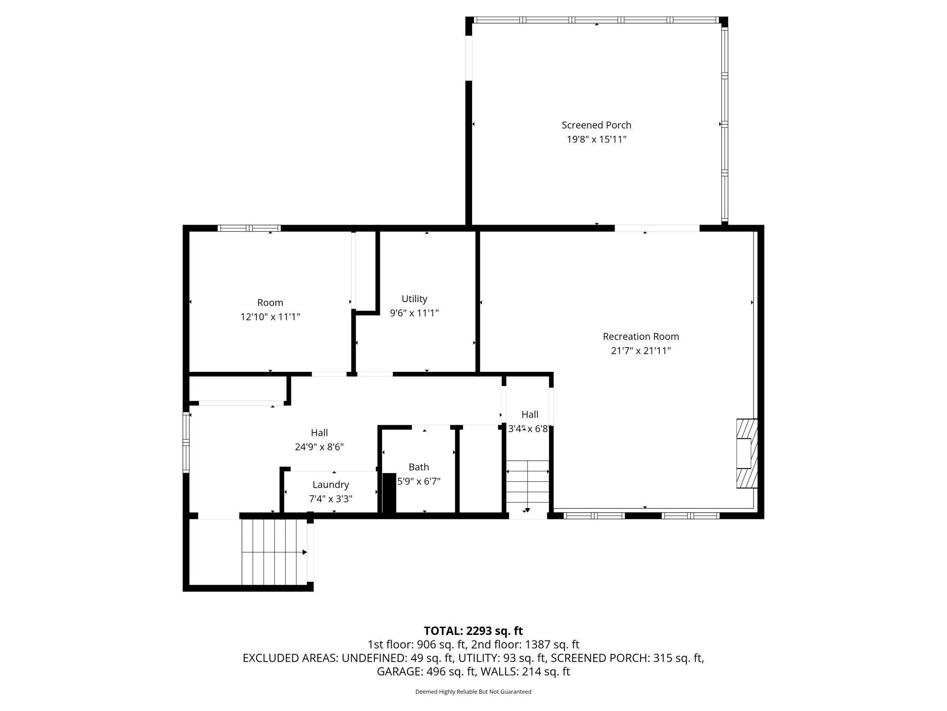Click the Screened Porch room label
(x=596, y=125)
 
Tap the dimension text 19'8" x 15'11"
(x=596, y=139)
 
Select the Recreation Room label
(x=641, y=336)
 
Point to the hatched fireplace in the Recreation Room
(x=747, y=453)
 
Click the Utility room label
(x=414, y=299)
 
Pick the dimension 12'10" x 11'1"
(x=270, y=317)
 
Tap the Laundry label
(x=331, y=484)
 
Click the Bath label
(x=418, y=467)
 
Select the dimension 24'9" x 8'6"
(x=319, y=447)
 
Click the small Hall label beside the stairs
(x=530, y=414)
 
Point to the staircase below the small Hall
(x=528, y=485)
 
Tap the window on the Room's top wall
(x=249, y=228)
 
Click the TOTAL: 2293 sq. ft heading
(x=473, y=631)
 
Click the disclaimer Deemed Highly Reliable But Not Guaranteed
(x=473, y=691)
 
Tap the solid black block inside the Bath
(x=389, y=493)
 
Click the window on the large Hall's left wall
(x=186, y=442)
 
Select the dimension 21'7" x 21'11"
(x=641, y=351)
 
